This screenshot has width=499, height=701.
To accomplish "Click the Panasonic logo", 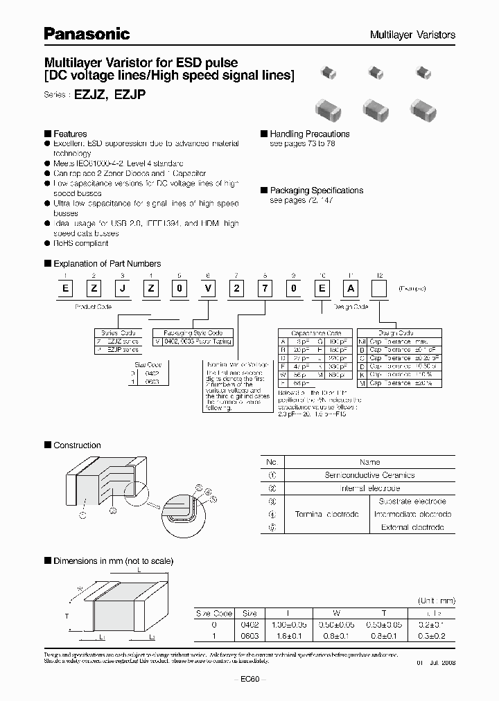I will click(x=87, y=33).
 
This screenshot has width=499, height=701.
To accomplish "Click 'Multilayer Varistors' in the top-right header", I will click(x=412, y=35).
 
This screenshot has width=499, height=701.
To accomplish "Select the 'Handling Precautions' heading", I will click(x=309, y=134).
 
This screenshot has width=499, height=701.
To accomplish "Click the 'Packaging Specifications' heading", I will click(x=316, y=190).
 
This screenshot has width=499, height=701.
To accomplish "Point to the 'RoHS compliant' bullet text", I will click(x=81, y=243).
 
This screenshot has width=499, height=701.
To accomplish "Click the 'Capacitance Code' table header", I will click(x=306, y=332).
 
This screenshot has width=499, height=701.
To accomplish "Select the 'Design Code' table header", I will click(x=396, y=332).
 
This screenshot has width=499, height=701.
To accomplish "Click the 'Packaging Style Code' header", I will click(x=193, y=332).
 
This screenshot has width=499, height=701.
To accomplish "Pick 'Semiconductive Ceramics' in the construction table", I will click(x=369, y=475).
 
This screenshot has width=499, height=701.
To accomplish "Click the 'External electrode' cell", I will click(x=412, y=527).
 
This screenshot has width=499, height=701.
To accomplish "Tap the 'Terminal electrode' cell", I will click(x=326, y=514).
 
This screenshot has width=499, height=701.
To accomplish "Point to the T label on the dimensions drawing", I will click(x=67, y=615).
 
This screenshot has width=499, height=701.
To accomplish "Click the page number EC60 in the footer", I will click(x=249, y=679).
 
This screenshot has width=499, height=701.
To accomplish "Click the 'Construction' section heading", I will click(x=77, y=445).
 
